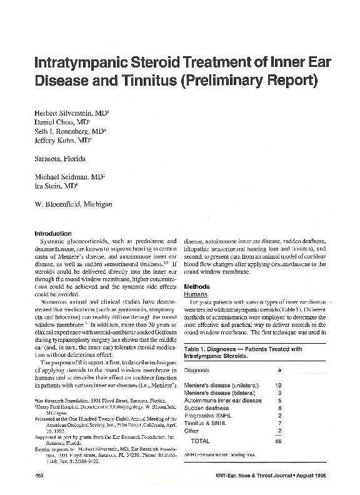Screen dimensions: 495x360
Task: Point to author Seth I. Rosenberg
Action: click(69, 132)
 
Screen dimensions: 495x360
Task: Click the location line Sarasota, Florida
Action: click(62, 159)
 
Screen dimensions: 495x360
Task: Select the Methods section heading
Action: click(197, 267)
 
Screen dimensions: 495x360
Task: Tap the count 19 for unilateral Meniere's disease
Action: click(280, 386)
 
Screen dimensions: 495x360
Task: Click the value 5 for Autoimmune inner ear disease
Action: click(281, 401)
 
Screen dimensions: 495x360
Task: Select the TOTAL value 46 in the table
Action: click(279, 441)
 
